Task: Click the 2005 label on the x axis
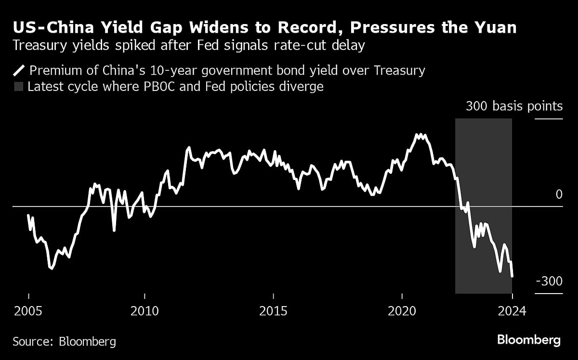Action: (28, 311)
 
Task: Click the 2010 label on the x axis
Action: (144, 311)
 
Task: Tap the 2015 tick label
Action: (273, 311)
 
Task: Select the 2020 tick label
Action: (402, 311)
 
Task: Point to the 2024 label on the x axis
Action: (512, 311)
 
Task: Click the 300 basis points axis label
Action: (514, 106)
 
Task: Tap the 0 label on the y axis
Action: (559, 194)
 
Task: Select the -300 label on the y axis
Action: (549, 281)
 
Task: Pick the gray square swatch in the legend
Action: (18, 87)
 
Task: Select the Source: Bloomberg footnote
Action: (64, 342)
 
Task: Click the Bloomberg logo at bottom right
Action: (528, 340)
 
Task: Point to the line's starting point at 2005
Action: (28, 216)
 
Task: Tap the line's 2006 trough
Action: (52, 269)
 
